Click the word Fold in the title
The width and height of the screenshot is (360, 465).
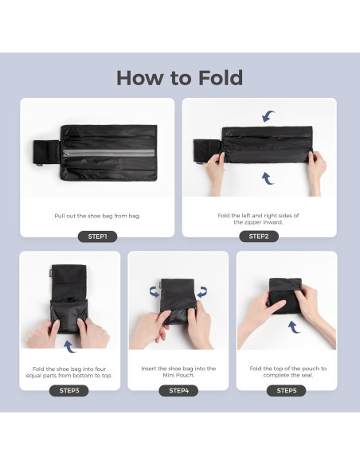(221, 78)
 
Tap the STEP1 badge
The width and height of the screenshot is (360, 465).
(97, 236)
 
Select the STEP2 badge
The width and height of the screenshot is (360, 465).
(259, 236)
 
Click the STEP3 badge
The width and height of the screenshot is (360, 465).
(69, 391)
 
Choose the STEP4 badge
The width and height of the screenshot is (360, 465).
(178, 391)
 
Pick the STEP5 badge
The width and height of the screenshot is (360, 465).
(287, 391)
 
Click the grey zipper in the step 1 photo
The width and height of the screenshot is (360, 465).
(109, 153)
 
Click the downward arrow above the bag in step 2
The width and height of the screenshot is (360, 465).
(268, 116)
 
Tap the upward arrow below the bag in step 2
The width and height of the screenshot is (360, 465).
(268, 178)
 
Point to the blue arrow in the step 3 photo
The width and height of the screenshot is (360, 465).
(69, 346)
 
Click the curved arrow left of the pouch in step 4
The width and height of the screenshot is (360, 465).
(155, 292)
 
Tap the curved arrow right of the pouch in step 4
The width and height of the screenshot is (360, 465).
(202, 292)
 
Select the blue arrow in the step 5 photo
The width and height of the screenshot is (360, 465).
(294, 326)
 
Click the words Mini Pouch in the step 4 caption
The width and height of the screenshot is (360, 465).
(178, 375)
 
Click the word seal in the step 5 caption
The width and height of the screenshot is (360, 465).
(307, 375)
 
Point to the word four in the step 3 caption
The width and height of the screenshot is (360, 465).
(101, 369)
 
